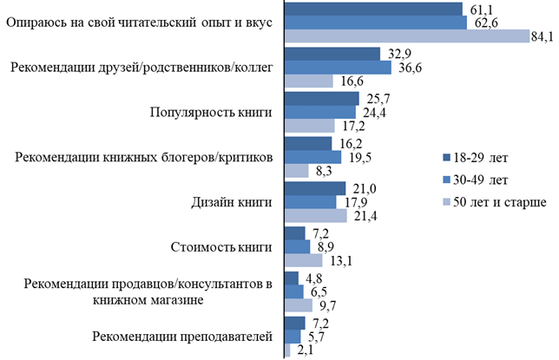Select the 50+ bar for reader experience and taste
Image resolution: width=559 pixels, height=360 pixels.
[x=407, y=36]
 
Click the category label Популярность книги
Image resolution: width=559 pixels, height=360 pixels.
[x=211, y=112]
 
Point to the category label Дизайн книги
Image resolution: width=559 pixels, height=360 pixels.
[x=232, y=201]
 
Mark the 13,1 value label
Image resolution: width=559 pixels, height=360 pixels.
[x=336, y=260]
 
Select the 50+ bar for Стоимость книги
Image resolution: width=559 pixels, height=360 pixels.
[x=303, y=260]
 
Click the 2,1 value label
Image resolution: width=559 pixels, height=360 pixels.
[x=305, y=350]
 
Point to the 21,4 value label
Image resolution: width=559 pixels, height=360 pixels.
[x=362, y=215]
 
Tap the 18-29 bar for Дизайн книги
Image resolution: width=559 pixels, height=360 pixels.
[x=315, y=187]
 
